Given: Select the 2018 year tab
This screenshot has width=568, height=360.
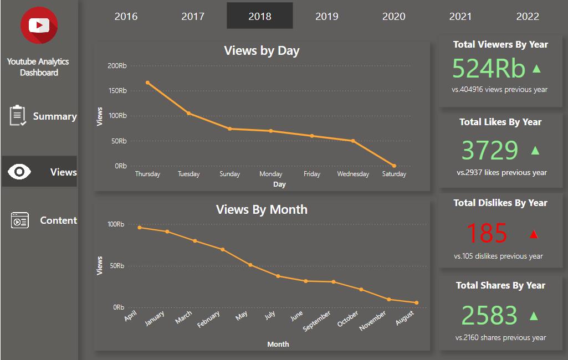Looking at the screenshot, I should click(260, 16).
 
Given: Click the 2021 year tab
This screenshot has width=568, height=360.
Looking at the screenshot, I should click(460, 16).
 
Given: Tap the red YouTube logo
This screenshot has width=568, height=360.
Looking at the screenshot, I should click(39, 25).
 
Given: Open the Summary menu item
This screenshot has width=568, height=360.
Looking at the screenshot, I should click(54, 116).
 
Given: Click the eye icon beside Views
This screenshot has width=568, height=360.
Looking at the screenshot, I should click(20, 172).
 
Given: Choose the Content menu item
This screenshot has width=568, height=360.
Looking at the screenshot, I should click(58, 220).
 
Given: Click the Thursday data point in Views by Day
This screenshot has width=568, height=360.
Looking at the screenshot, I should click(147, 83).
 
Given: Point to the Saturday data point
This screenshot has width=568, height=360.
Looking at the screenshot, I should click(394, 166).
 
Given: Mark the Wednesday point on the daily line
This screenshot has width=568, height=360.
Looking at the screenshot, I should click(353, 141).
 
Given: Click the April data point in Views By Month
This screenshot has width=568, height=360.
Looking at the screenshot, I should click(140, 227).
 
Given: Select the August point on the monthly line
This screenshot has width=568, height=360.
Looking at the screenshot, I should click(416, 303).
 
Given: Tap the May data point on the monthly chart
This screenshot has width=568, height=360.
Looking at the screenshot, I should click(250, 265).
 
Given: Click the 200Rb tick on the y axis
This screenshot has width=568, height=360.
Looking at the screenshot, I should click(117, 66).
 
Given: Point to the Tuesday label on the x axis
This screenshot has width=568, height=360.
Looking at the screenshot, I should click(188, 174).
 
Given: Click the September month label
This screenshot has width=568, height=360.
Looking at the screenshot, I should click(318, 321).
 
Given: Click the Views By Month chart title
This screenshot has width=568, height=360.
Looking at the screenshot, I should click(262, 209).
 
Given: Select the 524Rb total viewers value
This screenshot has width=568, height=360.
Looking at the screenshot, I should click(488, 69).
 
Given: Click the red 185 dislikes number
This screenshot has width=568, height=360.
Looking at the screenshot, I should click(487, 233).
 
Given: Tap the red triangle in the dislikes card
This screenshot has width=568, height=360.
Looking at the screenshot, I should click(534, 234).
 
